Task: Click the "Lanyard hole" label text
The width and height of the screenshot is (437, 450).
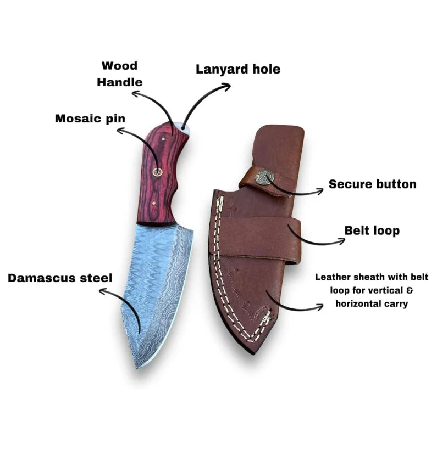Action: (238, 69)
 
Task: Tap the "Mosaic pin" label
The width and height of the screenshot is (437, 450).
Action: (90, 119)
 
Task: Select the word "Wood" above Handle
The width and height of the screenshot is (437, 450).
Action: (119, 66)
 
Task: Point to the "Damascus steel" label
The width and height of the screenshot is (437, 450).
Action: (60, 278)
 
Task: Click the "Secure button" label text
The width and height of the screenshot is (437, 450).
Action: (372, 184)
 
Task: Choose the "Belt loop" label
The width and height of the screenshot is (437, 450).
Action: (372, 230)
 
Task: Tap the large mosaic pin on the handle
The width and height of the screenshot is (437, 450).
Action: (157, 172)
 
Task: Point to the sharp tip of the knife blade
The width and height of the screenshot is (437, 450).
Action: (137, 367)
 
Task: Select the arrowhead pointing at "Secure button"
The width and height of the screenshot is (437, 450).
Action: (320, 191)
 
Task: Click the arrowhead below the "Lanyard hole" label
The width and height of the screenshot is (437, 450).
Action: (226, 86)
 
